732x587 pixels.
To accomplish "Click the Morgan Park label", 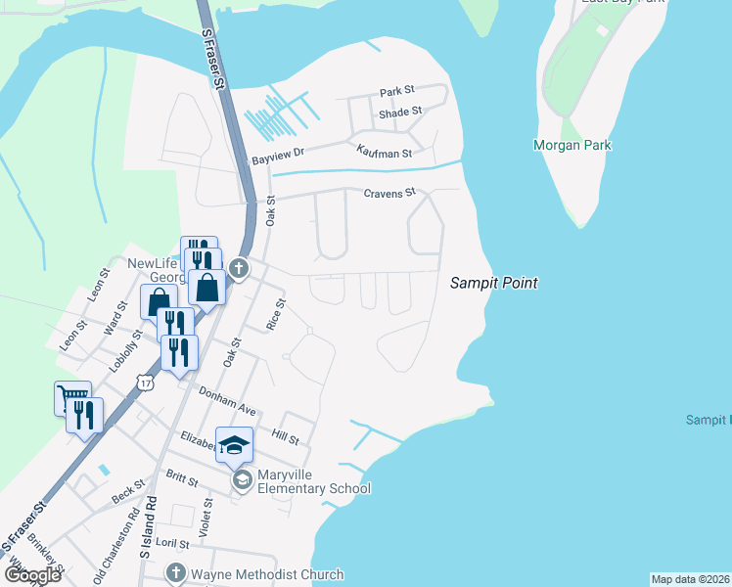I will [572, 145].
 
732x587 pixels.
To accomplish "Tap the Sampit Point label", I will [494, 283].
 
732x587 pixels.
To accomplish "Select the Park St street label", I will [397, 92].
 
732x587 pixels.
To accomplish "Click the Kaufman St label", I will [384, 152].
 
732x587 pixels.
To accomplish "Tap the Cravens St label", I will [389, 193].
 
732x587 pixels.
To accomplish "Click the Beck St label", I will [127, 491].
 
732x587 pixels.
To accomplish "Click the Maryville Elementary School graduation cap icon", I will [235, 446].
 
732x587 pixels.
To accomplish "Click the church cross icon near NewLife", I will [238, 267].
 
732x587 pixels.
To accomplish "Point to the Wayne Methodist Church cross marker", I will [175, 574].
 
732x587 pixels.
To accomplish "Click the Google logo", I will [32, 575].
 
